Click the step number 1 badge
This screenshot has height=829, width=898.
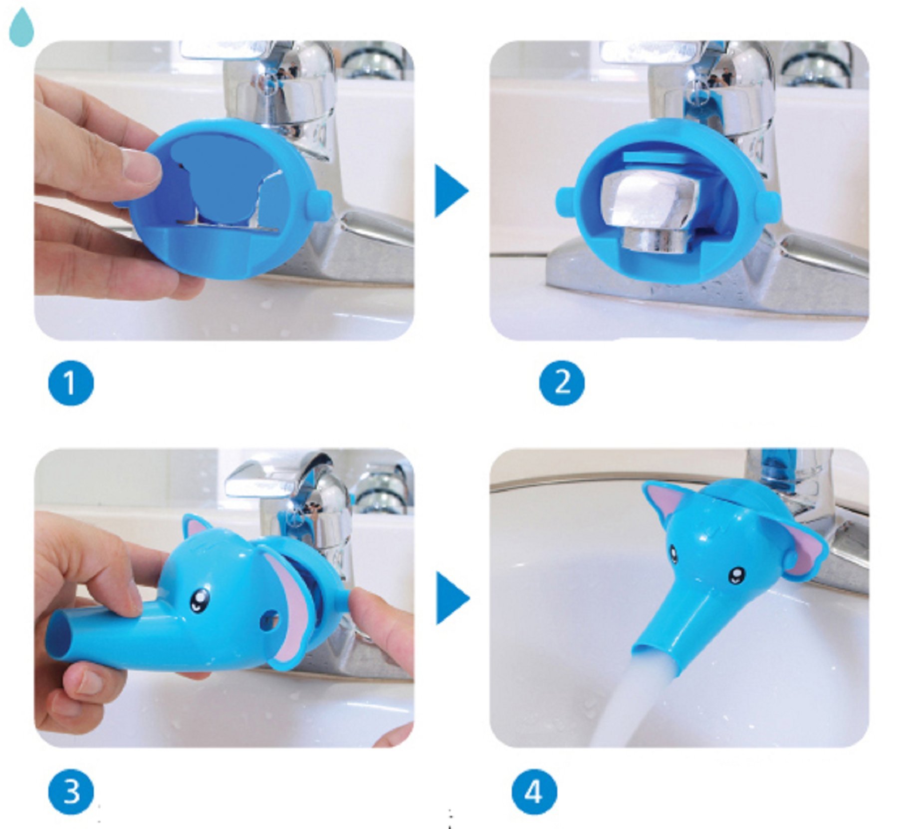tap(70, 383)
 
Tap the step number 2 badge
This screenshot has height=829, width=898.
tap(562, 383)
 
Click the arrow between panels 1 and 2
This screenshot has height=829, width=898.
tap(450, 191)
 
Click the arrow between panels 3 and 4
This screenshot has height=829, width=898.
tap(451, 598)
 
